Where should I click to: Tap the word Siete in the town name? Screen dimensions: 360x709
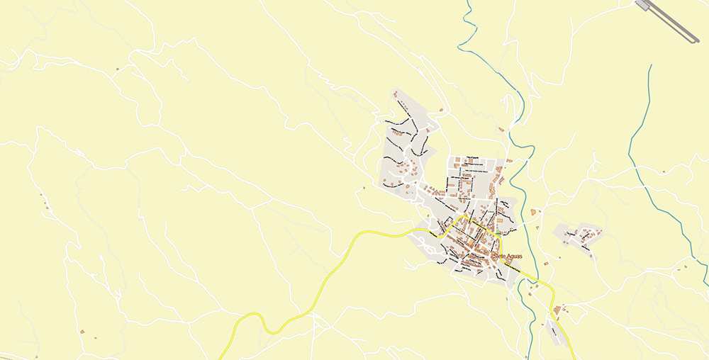point(500,254)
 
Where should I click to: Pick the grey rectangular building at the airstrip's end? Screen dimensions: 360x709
point(642,5)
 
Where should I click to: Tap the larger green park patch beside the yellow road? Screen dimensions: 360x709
point(498,232)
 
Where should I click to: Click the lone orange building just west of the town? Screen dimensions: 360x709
point(364,188)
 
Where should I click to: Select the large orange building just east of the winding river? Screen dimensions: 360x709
point(533,211)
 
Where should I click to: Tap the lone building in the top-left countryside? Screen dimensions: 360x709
point(117,69)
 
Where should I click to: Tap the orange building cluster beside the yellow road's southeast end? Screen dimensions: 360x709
point(559,310)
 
